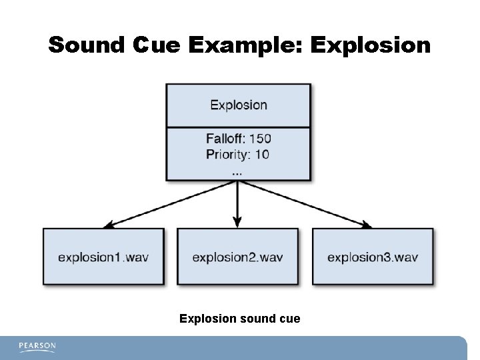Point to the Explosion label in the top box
(x=239, y=105)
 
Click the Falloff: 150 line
(x=239, y=139)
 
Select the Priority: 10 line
(x=238, y=154)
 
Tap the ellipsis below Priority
(x=237, y=171)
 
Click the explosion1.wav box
(x=103, y=257)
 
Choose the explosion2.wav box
(x=237, y=257)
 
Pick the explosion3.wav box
(x=373, y=257)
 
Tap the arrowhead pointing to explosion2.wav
(x=237, y=224)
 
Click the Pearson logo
(x=37, y=347)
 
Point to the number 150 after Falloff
(x=260, y=139)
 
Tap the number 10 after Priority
(x=262, y=154)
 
